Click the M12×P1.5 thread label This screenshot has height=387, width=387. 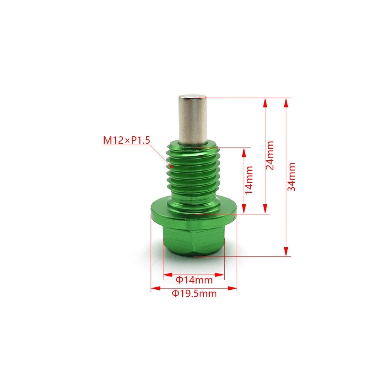click(126, 140)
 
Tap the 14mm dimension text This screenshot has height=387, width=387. click(250, 180)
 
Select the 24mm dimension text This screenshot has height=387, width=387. click(270, 155)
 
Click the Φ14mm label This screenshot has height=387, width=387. click(194, 279)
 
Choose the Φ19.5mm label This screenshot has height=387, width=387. click(194, 294)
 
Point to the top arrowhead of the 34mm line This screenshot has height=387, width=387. click(286, 101)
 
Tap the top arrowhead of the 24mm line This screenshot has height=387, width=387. click(265, 101)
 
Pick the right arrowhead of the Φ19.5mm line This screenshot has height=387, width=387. click(234, 288)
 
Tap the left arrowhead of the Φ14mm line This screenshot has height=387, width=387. click(166, 275)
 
